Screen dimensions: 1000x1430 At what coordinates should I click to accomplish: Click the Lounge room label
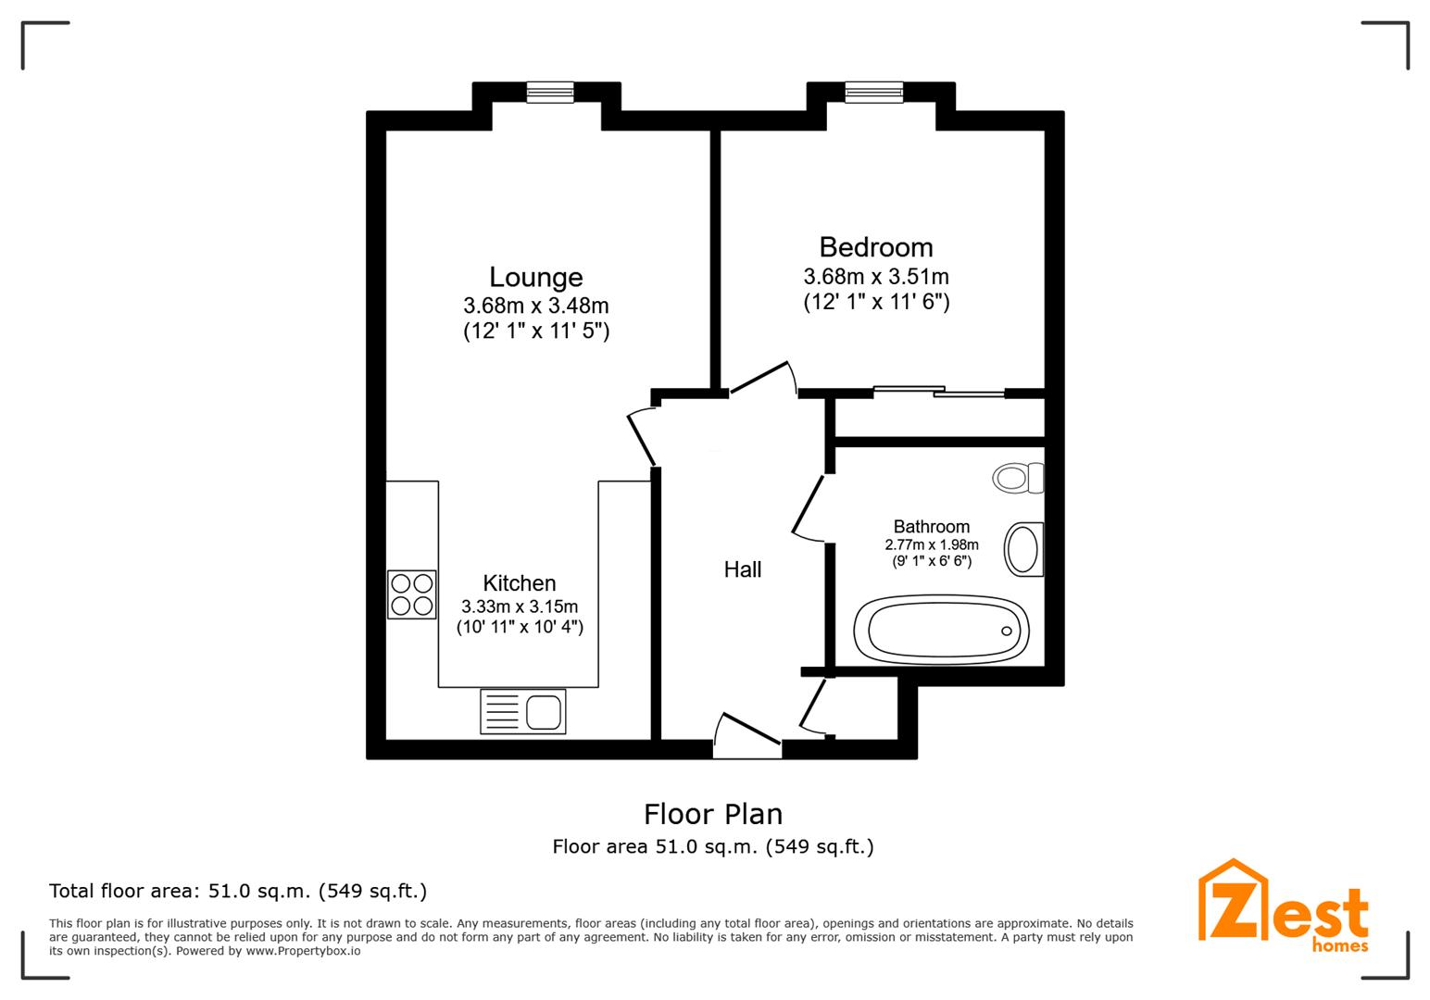click(535, 277)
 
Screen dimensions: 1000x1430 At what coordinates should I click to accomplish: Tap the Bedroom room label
click(875, 247)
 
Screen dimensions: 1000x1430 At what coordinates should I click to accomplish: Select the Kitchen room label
click(519, 583)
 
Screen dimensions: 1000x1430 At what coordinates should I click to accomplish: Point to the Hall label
click(743, 569)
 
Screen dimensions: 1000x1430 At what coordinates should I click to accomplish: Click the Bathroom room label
click(931, 527)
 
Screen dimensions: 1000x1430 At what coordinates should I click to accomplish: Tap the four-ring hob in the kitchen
click(411, 594)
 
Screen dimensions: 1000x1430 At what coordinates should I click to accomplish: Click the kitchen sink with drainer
click(522, 712)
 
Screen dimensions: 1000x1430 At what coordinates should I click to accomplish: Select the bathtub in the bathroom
click(940, 629)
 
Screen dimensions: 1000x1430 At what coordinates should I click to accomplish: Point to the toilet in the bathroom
click(1017, 478)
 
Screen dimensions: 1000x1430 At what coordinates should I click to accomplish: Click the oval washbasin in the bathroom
click(1023, 549)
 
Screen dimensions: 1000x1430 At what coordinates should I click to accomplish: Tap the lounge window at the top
click(550, 92)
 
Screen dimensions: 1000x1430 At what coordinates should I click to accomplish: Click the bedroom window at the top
click(872, 92)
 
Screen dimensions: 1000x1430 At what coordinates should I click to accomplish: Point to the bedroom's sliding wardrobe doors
click(938, 393)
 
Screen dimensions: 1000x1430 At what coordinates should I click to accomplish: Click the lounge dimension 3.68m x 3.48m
click(535, 306)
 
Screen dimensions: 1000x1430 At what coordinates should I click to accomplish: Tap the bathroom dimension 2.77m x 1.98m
click(931, 545)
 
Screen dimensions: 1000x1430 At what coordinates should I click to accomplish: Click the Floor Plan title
click(713, 814)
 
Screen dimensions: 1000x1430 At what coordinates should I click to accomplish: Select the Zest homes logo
click(1283, 906)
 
